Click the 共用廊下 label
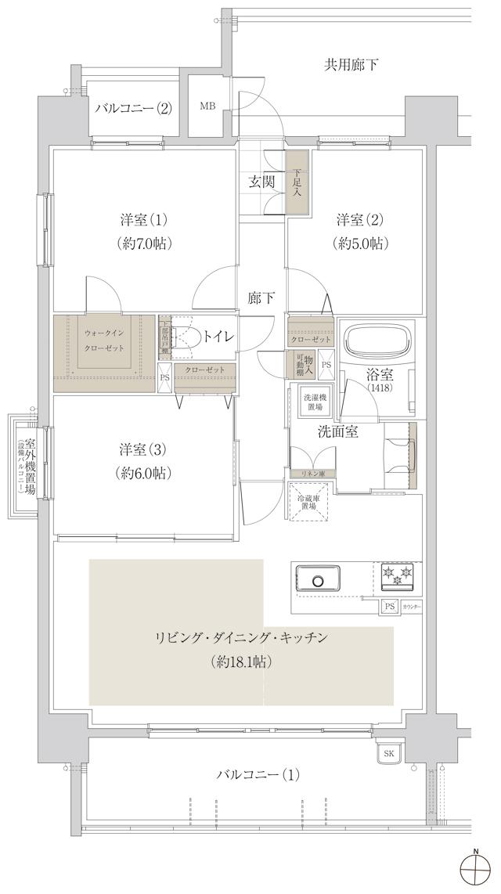point(351,64)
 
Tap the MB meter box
point(207,106)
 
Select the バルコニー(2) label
point(133,108)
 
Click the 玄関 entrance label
point(261,182)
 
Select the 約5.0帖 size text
point(359,243)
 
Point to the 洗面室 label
point(337,431)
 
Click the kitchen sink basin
point(319,580)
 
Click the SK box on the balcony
point(388,753)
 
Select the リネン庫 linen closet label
point(312,474)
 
